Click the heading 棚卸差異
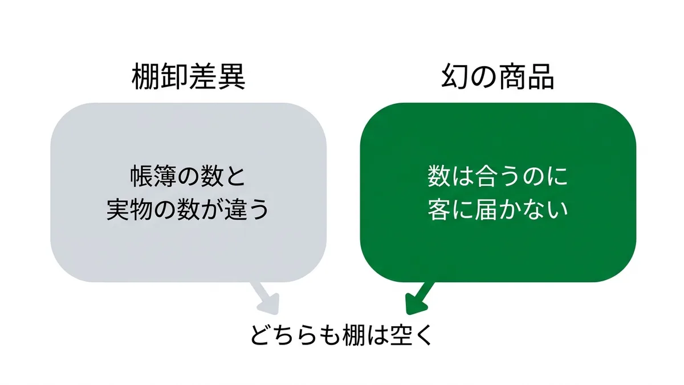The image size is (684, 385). [189, 76]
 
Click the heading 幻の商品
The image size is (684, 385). [498, 76]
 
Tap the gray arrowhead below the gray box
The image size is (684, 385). [270, 304]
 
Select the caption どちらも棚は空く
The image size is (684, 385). [341, 335]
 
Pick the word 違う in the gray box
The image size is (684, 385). [247, 210]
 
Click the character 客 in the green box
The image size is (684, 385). [439, 210]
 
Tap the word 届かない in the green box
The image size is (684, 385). [521, 210]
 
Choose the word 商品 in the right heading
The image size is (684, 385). [526, 76]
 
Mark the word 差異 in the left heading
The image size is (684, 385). [217, 76]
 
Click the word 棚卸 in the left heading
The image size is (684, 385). [160, 76]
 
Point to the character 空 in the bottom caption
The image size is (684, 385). [402, 335]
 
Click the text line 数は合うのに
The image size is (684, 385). [498, 176]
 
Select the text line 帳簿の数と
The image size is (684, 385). [188, 176]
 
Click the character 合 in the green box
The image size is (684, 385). [486, 176]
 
